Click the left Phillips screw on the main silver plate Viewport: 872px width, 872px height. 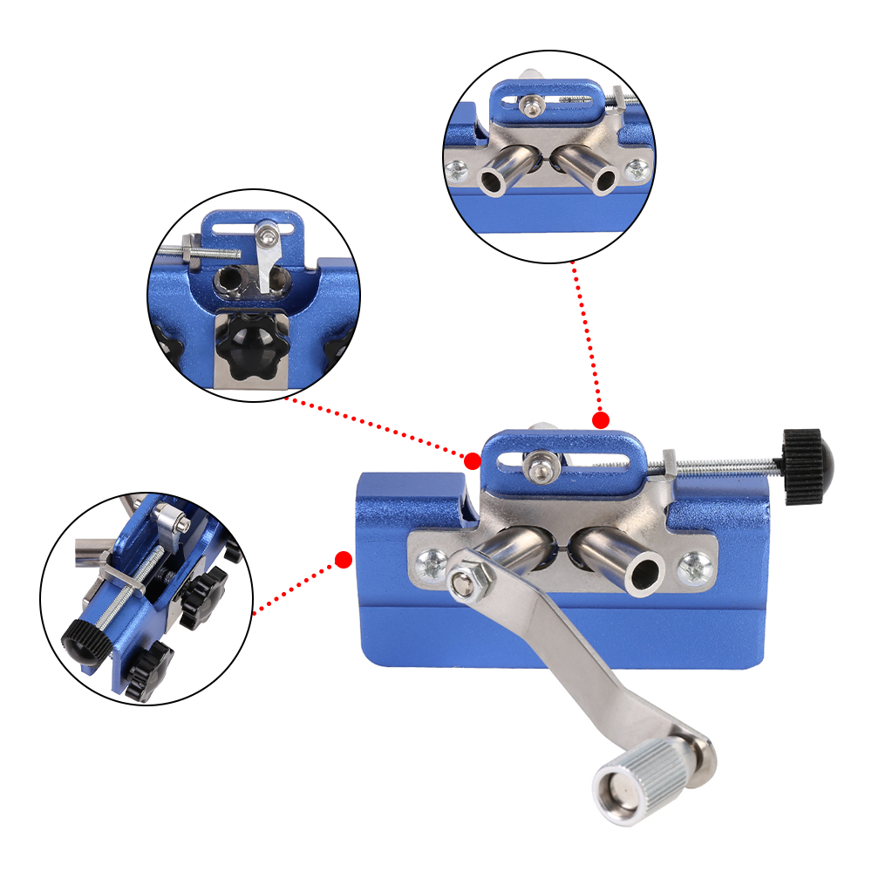[x=430, y=563]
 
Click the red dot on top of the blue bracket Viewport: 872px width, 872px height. [x=601, y=421]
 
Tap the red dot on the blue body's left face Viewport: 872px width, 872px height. [x=344, y=559]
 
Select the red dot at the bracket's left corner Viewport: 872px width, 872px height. [x=473, y=460]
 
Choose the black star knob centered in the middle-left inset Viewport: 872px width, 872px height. [x=246, y=344]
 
